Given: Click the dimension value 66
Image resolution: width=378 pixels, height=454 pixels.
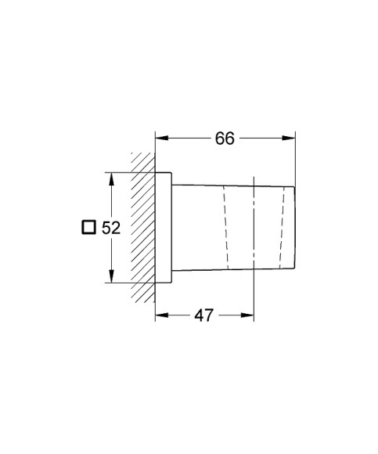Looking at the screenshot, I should click(225, 138).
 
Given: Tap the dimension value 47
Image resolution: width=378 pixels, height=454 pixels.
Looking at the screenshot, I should click(204, 315).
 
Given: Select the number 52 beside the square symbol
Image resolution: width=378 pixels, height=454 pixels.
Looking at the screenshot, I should click(110, 228).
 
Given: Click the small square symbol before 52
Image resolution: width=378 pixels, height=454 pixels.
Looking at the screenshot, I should click(88, 228).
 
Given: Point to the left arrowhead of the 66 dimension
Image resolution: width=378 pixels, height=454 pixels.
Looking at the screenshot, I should click(161, 138).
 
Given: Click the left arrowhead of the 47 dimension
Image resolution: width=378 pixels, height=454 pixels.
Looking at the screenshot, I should click(161, 315).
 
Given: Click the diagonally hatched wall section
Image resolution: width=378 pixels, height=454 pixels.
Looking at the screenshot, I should click(142, 227).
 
